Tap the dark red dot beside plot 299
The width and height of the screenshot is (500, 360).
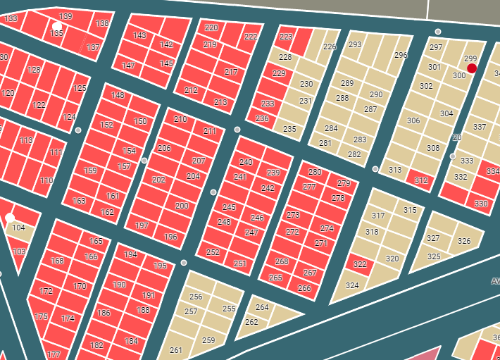tap(472, 68)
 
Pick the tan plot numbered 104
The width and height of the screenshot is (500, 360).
tap(19, 228)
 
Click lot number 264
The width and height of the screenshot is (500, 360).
tap(262, 307)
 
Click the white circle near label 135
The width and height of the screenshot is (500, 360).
tap(56, 26)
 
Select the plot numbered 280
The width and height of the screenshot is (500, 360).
tap(315, 173)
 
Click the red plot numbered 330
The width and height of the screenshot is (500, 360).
tap(481, 203)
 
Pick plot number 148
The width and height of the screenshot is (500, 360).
tap(118, 95)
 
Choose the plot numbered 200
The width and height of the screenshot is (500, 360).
tap(182, 206)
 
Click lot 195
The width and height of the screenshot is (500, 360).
tap(161, 266)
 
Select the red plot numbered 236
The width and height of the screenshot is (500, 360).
tap(262, 118)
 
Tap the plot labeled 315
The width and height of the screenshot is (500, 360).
tap(409, 209)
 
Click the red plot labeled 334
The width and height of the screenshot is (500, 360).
tap(491, 171)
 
